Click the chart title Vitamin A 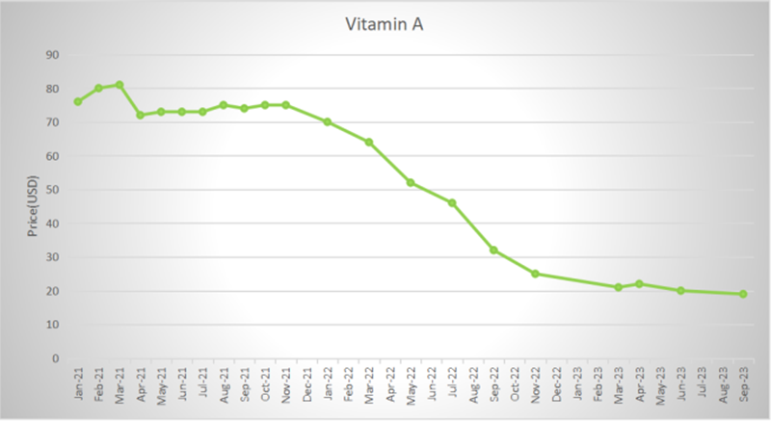pos(385,25)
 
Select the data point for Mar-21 pos(120,85)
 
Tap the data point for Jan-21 pos(78,101)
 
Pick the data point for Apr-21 pos(140,115)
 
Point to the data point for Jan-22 pos(328,121)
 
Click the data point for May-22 pos(411,182)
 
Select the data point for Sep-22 pos(493,250)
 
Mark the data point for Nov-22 pos(535,274)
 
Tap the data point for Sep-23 pos(743,294)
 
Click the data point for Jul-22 pos(452,202)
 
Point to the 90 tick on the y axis pos(53,55)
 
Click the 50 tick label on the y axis pos(53,190)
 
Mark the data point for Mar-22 pos(369,142)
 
